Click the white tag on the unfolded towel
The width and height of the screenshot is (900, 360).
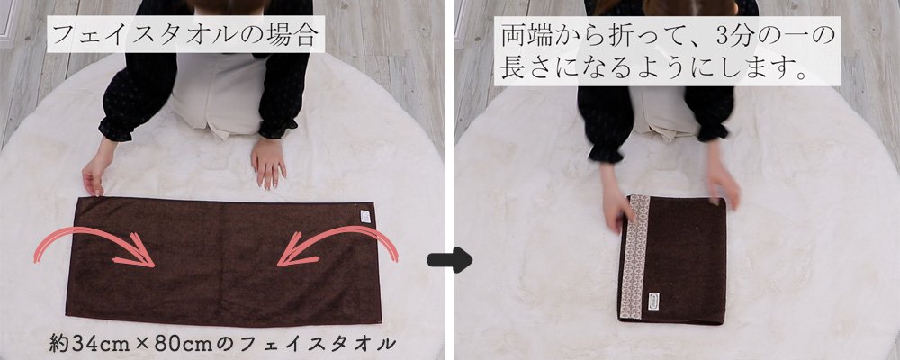click(364, 217)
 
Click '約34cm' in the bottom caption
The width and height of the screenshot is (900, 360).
click(88, 342)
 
